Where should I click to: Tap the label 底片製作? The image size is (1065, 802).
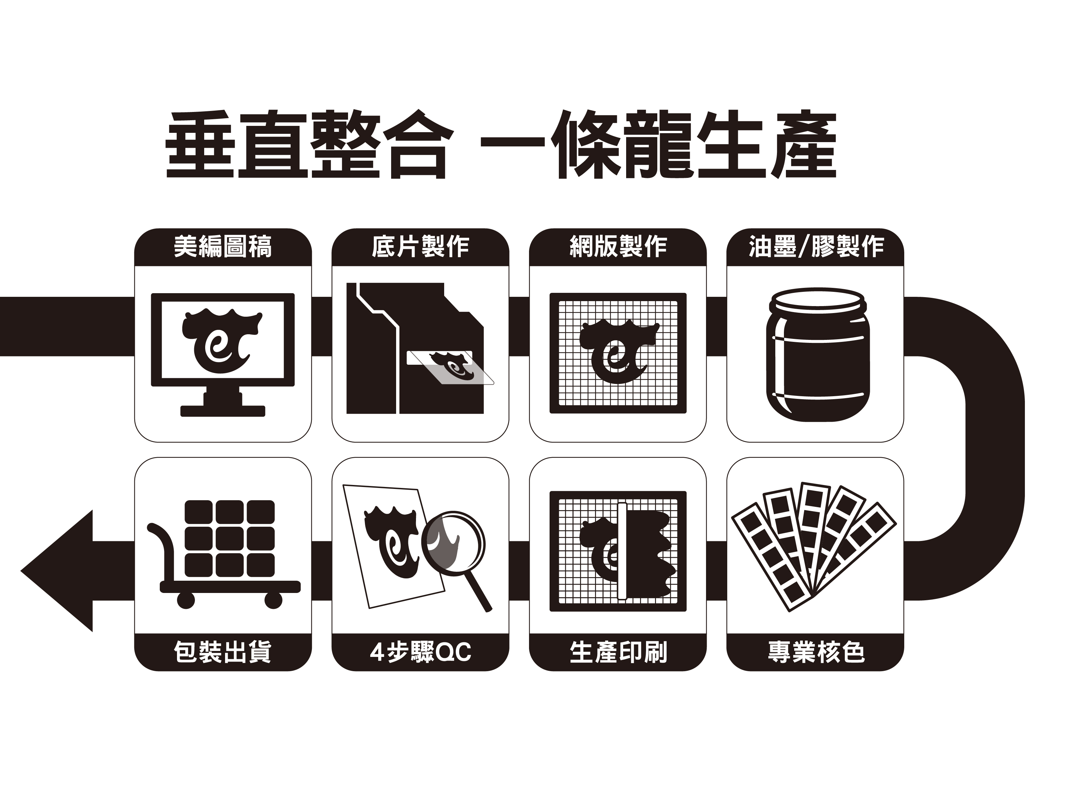[x=420, y=247]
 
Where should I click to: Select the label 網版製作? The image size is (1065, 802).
[x=618, y=247]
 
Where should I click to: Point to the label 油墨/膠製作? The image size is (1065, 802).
[x=816, y=247]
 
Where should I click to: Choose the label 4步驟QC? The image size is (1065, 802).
[x=420, y=652]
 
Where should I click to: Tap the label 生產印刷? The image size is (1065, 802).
[x=618, y=652]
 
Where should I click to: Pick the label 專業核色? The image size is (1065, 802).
[x=816, y=652]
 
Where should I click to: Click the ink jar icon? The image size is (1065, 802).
[x=817, y=354]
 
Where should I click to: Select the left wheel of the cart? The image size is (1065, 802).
[x=186, y=600]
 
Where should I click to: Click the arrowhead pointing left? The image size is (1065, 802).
[x=56, y=570]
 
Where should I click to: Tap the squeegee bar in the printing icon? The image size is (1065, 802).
[x=622, y=551]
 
